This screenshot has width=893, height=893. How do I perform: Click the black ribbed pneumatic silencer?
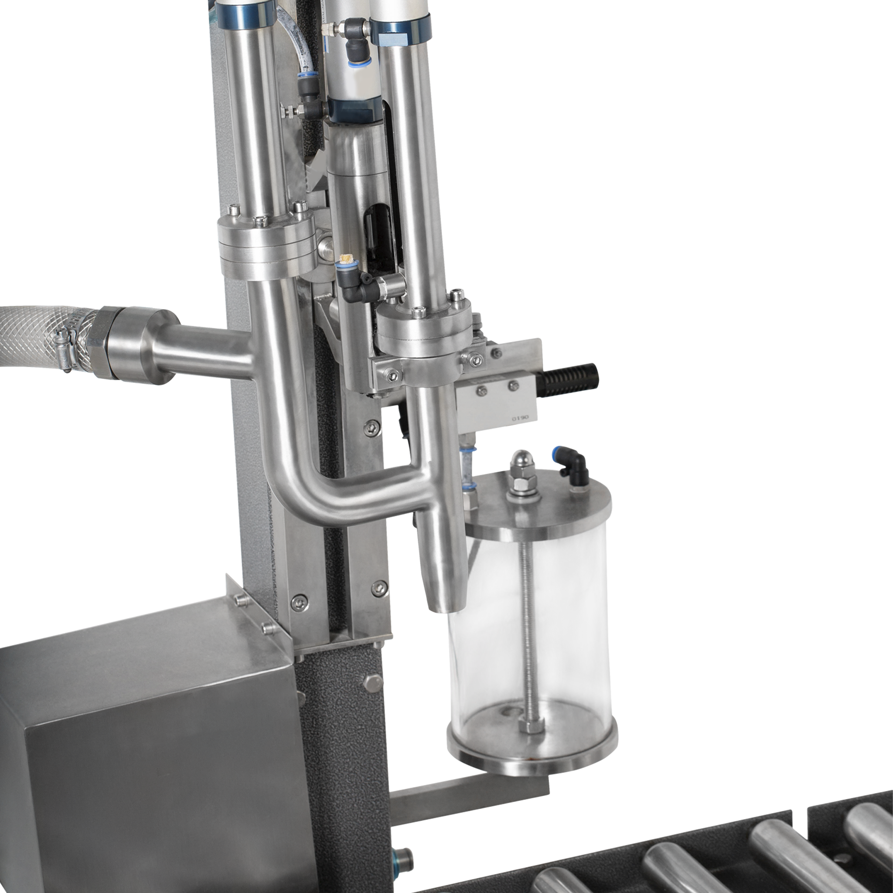(571, 375)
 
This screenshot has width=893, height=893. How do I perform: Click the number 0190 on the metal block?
(519, 418)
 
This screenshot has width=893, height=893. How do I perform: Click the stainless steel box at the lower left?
(139, 740)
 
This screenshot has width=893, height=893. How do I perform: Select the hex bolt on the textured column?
(372, 682)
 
